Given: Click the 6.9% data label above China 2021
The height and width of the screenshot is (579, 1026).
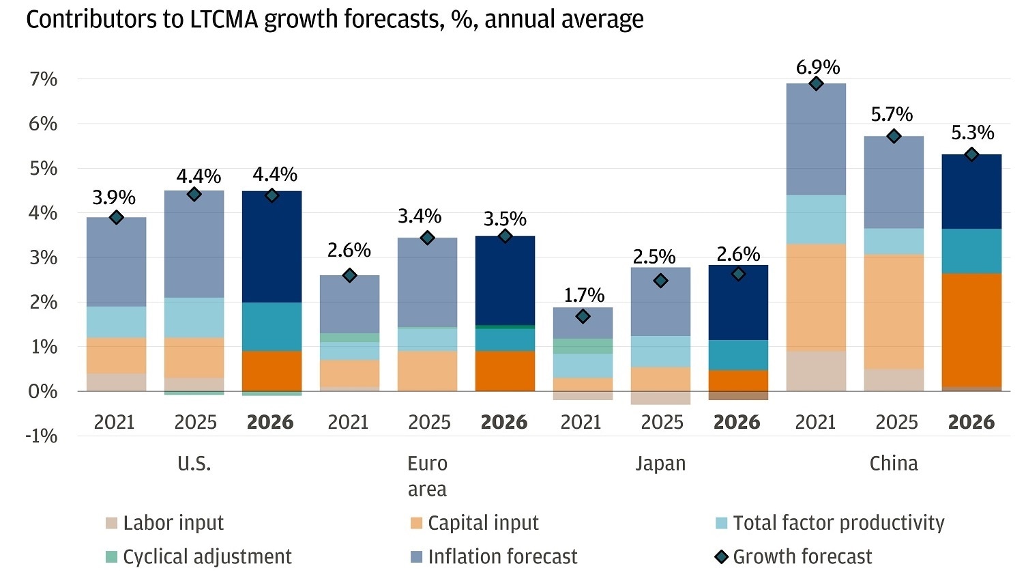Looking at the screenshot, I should (x=817, y=67).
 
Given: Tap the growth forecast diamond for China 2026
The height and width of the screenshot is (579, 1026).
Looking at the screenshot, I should (x=971, y=154).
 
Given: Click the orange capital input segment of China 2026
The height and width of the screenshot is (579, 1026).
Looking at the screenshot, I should (x=971, y=330).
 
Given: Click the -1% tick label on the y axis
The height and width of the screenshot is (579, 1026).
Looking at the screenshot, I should (x=42, y=436).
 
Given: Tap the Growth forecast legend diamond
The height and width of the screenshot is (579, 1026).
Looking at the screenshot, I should (x=721, y=556).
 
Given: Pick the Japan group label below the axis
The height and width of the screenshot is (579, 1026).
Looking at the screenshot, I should (x=660, y=463).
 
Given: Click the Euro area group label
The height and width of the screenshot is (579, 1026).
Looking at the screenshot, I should (x=427, y=476).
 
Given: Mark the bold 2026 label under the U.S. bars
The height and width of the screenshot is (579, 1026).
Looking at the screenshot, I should (x=270, y=422).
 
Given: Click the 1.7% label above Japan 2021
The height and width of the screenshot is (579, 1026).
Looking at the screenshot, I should (x=583, y=295).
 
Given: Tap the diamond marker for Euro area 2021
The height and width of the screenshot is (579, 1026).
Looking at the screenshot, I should (x=349, y=275).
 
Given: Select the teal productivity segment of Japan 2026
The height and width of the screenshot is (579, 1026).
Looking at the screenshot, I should (x=738, y=355).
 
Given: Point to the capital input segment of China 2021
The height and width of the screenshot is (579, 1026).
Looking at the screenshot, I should (x=816, y=297).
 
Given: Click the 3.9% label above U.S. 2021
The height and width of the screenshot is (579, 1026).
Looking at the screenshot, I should (x=114, y=197).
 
